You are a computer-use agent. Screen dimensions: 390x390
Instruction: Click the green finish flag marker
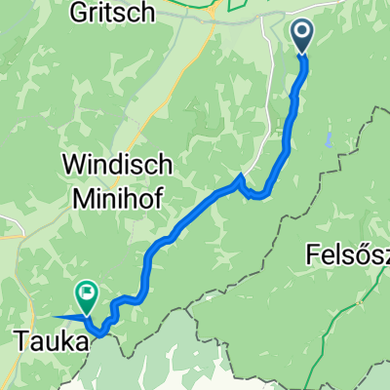pyautogui.click(x=87, y=293)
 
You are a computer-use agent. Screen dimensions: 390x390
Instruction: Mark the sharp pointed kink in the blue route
pyautogui.click(x=240, y=177)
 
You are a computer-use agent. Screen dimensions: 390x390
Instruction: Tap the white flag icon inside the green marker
pyautogui.click(x=87, y=291)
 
